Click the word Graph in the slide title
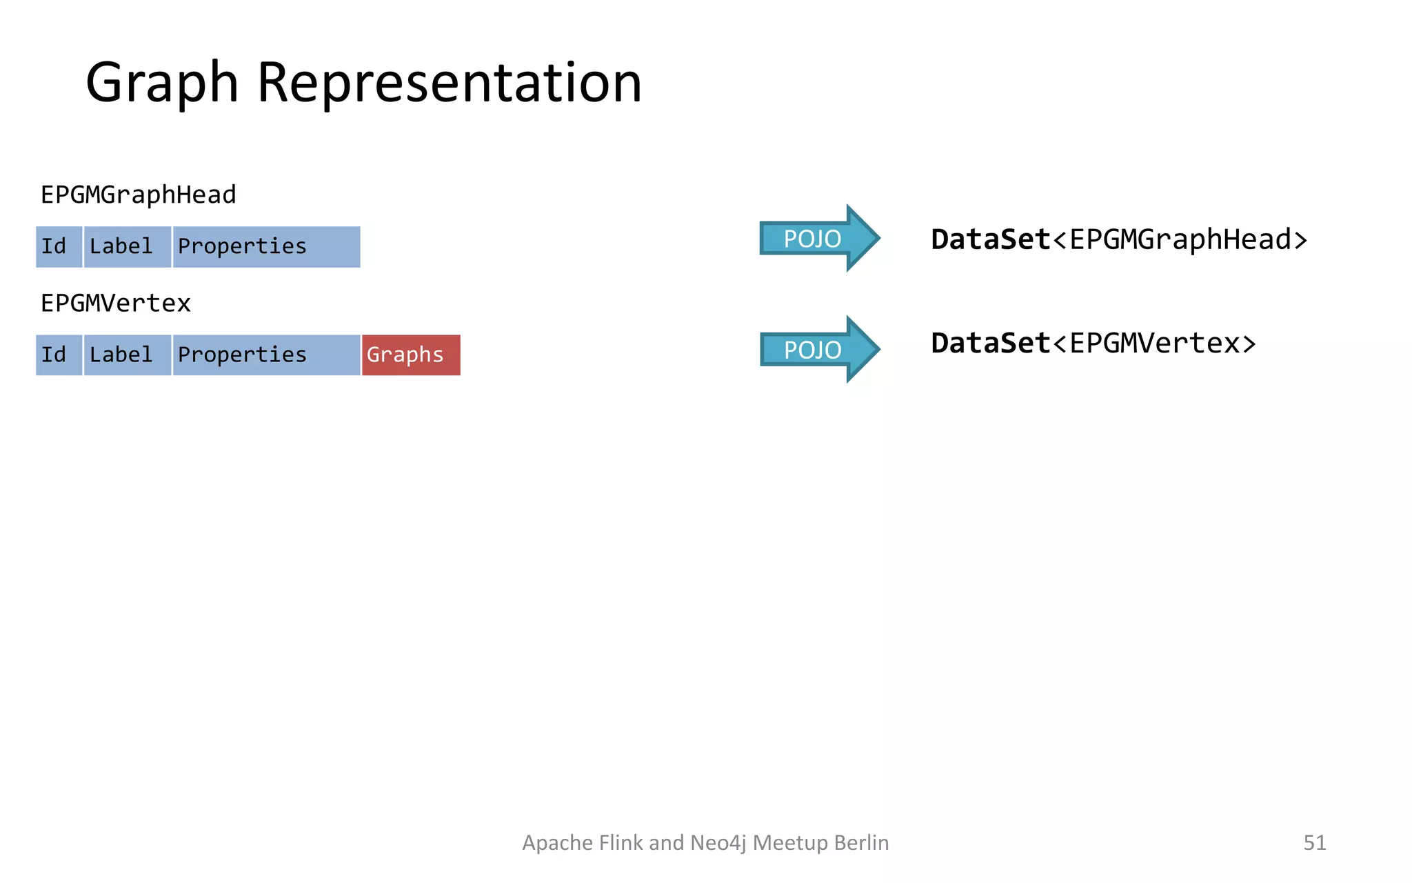point(162,83)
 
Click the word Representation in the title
point(450,83)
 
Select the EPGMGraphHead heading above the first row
point(138,195)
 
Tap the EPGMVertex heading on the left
point(115,304)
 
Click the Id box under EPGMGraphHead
point(59,246)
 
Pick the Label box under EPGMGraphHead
point(127,246)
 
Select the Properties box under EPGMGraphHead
point(266,246)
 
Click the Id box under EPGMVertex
point(59,355)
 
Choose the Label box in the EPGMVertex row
point(127,355)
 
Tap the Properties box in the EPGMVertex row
point(266,355)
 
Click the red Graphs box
point(411,355)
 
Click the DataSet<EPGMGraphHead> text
point(1118,240)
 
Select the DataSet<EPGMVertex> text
point(1093,344)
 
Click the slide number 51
point(1314,842)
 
